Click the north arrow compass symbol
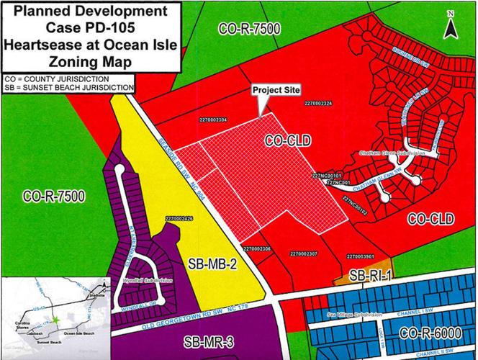point(449,27)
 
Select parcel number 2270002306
point(256,248)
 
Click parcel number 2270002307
point(303,253)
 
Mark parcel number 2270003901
point(359,255)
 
